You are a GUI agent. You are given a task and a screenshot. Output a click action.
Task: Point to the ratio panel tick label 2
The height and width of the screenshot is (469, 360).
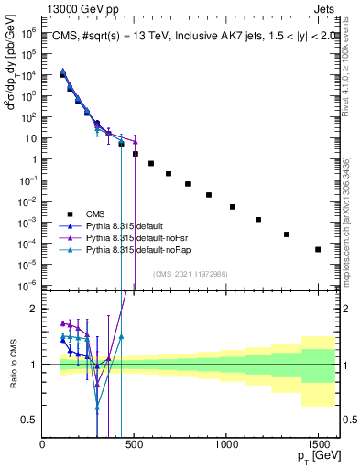(x=33, y=309)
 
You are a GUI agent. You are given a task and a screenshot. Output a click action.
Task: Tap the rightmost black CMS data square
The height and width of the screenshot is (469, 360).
(x=318, y=249)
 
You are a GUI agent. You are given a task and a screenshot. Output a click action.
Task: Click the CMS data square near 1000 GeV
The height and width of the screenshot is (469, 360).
(x=233, y=207)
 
